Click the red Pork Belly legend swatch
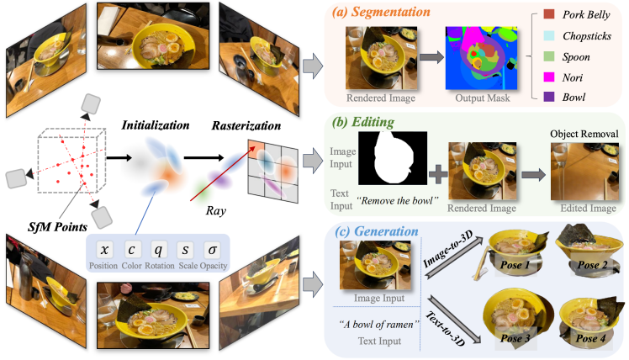549,14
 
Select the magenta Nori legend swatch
549,77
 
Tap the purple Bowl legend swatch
549,97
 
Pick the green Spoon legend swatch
549,56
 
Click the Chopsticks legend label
587,36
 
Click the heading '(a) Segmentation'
381,12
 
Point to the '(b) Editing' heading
363,122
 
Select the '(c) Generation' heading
376,231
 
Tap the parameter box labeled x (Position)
105,250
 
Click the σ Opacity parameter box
212,250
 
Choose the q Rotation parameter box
158,250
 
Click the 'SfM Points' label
57,227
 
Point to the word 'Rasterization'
246,125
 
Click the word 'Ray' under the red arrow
216,211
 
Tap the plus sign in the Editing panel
438,175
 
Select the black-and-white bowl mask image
393,158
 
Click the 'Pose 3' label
515,338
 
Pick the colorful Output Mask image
481,58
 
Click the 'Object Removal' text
584,134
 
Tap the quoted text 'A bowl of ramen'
378,325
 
